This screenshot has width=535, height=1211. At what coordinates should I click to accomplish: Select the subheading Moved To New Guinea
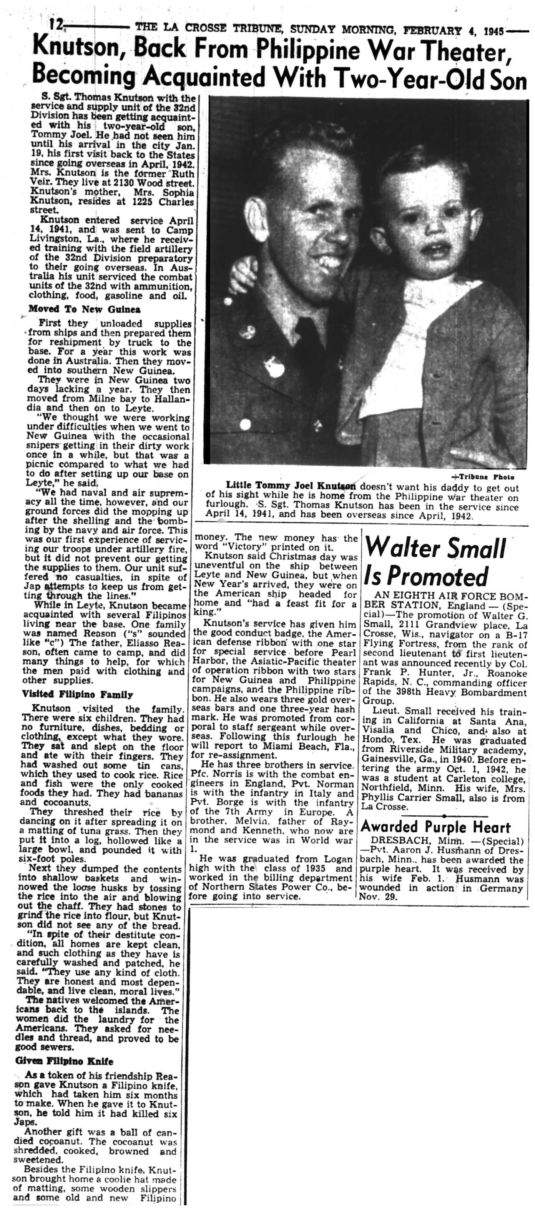click(84, 309)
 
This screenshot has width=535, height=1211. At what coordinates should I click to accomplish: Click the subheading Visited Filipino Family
click(77, 694)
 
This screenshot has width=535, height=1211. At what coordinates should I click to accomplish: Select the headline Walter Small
click(435, 548)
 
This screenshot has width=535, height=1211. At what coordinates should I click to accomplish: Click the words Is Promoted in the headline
click(426, 576)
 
